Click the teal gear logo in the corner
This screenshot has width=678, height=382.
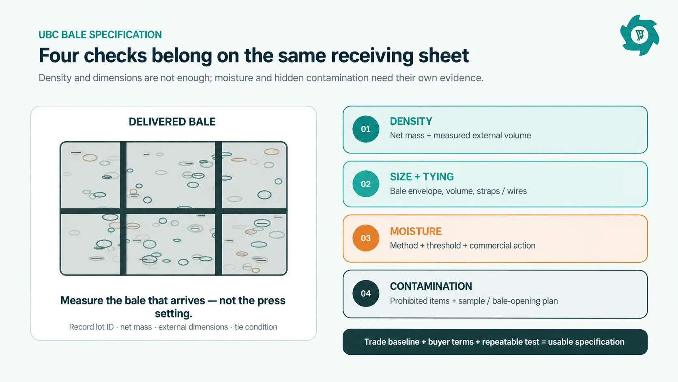pos(639,35)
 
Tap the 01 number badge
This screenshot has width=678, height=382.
pos(366,129)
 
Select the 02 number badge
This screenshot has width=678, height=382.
pos(366,184)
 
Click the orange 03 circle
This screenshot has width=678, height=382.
pos(366,238)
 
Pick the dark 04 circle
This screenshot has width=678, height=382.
pos(366,293)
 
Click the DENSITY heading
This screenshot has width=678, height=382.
pos(411,121)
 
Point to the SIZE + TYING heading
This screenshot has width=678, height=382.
pos(422,177)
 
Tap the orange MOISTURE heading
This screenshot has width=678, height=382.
pos(416,231)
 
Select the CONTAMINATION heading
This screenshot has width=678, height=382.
pos(431,286)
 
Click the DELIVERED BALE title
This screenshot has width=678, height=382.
pos(172,122)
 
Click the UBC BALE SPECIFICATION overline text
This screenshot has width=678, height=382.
pos(100,35)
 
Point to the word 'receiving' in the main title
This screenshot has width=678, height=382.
pos(372,56)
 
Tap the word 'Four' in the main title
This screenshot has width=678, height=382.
pos(59,56)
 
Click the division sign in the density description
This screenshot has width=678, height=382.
pos(429,136)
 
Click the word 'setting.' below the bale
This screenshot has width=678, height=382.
pos(174,313)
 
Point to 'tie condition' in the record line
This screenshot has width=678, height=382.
pos(256,327)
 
